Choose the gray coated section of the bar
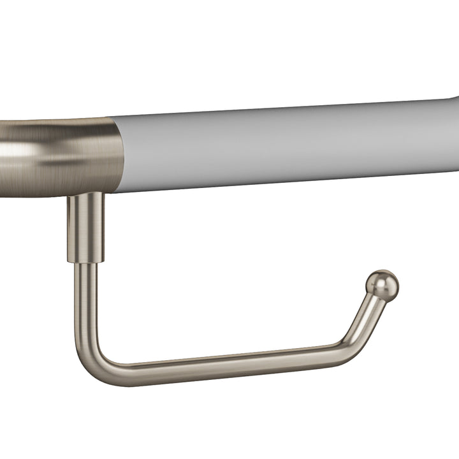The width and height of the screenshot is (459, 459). [287, 143]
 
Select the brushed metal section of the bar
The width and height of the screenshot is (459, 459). [57, 150]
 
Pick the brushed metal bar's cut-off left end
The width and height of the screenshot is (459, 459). [3, 153]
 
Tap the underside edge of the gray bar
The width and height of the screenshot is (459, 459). [287, 180]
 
